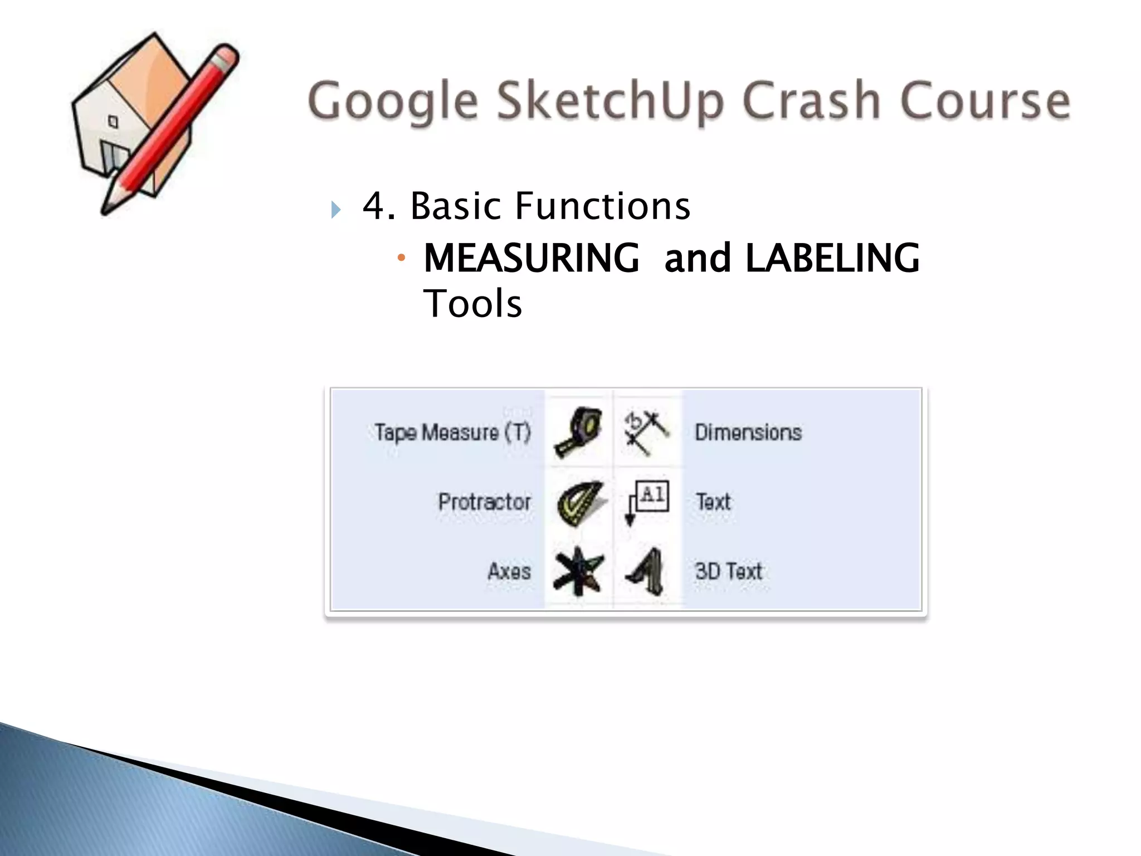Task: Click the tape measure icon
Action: (x=578, y=432)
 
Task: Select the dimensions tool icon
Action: (x=646, y=432)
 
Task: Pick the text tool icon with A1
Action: (x=647, y=501)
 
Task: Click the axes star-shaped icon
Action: (x=578, y=572)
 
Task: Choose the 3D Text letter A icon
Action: (x=646, y=572)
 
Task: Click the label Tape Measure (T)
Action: (x=452, y=432)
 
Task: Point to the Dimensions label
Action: (x=748, y=432)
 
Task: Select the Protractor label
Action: (x=484, y=502)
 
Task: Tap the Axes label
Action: (x=509, y=572)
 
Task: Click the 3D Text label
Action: (x=728, y=572)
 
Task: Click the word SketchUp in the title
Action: (x=610, y=101)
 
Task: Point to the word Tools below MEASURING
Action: (x=472, y=304)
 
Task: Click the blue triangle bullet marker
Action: (x=335, y=210)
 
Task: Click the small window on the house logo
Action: (x=113, y=121)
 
